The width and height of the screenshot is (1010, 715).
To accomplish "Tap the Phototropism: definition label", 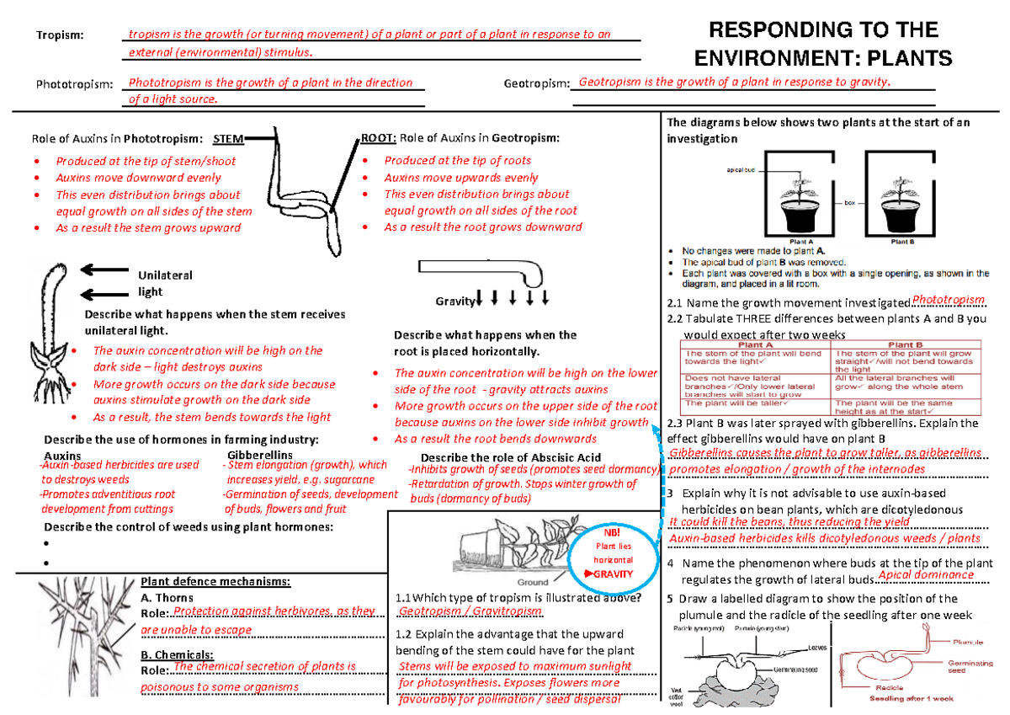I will click(74, 85).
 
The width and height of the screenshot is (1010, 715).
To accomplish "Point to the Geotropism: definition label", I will click(537, 84).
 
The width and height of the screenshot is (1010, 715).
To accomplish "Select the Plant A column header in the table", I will click(755, 344).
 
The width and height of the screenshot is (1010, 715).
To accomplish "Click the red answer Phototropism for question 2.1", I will click(948, 300).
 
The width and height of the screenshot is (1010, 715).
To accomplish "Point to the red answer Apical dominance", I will click(925, 575).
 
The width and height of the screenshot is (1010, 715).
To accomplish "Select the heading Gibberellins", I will click(260, 455).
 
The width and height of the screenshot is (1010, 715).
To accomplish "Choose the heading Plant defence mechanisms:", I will click(215, 581).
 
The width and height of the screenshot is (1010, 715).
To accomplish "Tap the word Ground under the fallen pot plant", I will click(533, 582).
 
